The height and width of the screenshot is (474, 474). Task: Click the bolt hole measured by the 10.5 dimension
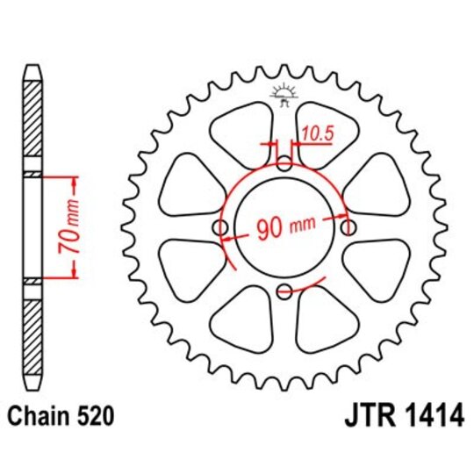click(x=284, y=163)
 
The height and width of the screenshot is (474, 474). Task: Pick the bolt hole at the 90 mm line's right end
click(x=349, y=227)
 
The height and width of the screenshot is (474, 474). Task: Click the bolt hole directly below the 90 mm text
click(x=284, y=292)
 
